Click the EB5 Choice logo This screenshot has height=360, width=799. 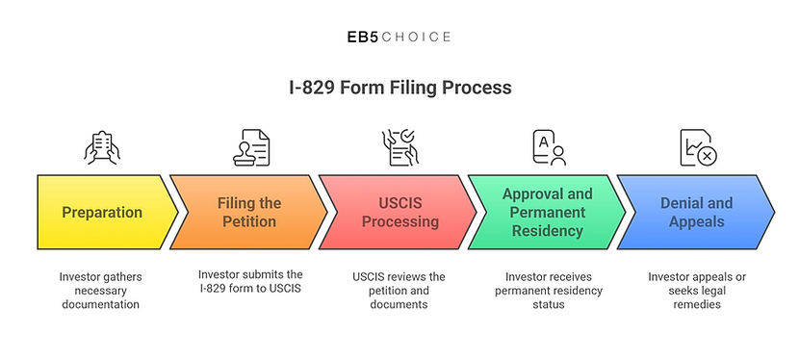[399, 38]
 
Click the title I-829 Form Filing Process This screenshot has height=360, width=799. [399, 88]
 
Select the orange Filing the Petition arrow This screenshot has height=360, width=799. [248, 213]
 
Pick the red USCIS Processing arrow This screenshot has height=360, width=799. [398, 213]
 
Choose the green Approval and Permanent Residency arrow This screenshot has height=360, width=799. [547, 213]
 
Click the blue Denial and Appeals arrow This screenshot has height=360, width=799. [696, 213]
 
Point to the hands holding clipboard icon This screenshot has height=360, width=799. [102, 147]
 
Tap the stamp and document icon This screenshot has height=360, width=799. [251, 147]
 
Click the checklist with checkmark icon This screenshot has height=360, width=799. [400, 147]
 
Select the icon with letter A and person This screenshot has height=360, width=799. [550, 147]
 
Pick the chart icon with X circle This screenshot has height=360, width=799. [699, 147]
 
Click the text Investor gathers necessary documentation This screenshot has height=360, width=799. [100, 291]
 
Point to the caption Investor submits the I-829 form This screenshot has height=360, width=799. [250, 282]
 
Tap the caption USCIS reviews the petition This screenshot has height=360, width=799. [399, 291]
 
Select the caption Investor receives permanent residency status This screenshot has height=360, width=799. [549, 291]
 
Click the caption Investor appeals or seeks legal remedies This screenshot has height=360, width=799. [697, 291]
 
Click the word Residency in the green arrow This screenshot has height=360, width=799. [548, 231]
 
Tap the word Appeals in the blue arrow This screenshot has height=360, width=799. [696, 222]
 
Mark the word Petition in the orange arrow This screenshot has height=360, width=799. [249, 222]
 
